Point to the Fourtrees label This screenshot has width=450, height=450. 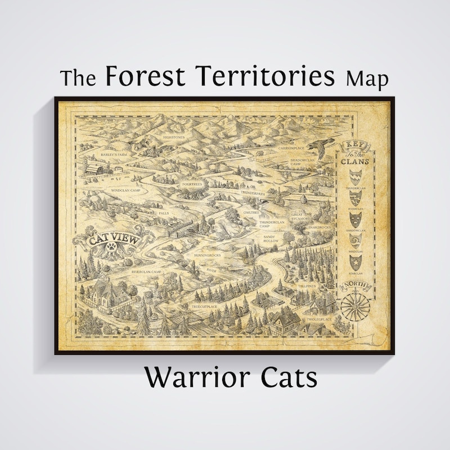pos(191,184)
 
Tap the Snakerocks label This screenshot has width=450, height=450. pos(320,227)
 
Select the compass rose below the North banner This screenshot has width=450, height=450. pos(355,306)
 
